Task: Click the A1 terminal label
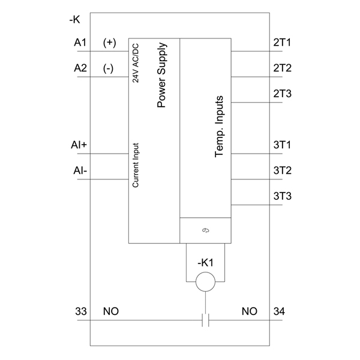(x=80, y=43)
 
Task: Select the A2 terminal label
(x=80, y=68)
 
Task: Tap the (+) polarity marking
(x=110, y=43)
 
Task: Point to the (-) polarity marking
(x=108, y=68)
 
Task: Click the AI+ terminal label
(x=79, y=145)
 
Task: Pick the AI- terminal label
(x=80, y=170)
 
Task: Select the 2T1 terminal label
(x=282, y=43)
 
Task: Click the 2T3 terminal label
(x=283, y=94)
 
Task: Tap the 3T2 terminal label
(x=283, y=170)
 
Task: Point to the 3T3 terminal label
(x=283, y=196)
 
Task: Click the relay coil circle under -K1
(x=205, y=272)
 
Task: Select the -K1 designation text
(x=205, y=263)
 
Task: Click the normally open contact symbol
(x=205, y=320)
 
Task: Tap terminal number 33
(x=81, y=311)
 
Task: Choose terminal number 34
(x=279, y=311)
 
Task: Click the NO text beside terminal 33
(x=111, y=311)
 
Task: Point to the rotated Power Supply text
(x=161, y=75)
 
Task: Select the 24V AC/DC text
(x=136, y=63)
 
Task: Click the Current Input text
(x=136, y=166)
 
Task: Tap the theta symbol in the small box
(x=205, y=230)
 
